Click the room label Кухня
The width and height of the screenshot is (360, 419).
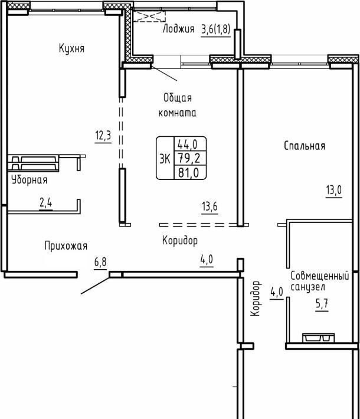click(x=71, y=48)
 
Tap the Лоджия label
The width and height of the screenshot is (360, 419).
click(x=179, y=28)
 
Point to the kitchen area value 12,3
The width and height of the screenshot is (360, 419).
click(x=103, y=135)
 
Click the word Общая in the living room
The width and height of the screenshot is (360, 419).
click(x=178, y=97)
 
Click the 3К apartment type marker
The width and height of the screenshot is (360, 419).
click(x=165, y=159)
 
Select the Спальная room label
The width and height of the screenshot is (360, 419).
click(x=305, y=146)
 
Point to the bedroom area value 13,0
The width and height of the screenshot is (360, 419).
click(x=334, y=190)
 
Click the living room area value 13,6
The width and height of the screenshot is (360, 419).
click(x=210, y=207)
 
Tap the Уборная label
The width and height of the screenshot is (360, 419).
click(x=30, y=180)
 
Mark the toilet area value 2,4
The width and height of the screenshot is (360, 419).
click(x=45, y=203)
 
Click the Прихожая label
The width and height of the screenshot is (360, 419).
click(x=66, y=245)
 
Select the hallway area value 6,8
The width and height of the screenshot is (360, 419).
click(x=100, y=262)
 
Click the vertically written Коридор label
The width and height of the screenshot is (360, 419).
click(x=256, y=299)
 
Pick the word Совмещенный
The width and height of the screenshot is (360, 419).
click(x=320, y=276)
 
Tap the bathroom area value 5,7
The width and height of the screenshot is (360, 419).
click(x=322, y=304)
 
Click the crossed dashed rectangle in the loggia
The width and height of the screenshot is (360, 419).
click(x=149, y=17)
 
